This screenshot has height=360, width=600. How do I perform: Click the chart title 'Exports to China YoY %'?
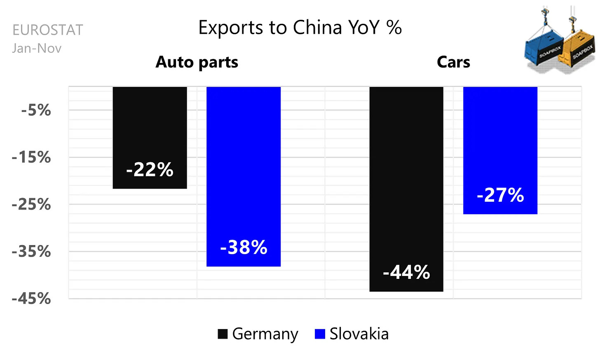pyautogui.click(x=300, y=27)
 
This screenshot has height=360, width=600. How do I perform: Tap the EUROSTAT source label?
pyautogui.click(x=48, y=30)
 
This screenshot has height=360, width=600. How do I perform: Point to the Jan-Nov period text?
pyautogui.click(x=37, y=49)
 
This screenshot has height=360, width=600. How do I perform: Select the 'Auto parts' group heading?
pyautogui.click(x=197, y=62)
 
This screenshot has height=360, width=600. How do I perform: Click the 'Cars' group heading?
pyautogui.click(x=453, y=62)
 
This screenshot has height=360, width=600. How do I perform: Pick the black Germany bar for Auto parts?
pyautogui.click(x=150, y=138)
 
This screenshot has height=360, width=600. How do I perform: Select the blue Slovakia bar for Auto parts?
pyautogui.click(x=244, y=176)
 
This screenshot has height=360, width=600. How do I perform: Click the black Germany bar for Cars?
pyautogui.click(x=406, y=189)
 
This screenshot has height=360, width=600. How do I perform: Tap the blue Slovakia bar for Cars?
pyautogui.click(x=500, y=150)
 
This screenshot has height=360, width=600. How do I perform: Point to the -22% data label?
pyautogui.click(x=150, y=170)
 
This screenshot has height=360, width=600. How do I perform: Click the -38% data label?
pyautogui.click(x=244, y=247)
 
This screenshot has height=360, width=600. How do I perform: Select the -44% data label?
pyautogui.click(x=406, y=273)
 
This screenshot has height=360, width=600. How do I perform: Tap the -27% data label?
pyautogui.click(x=500, y=195)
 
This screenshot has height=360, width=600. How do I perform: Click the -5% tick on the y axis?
pyautogui.click(x=36, y=110)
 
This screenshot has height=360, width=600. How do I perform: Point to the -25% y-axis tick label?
pyautogui.click(x=31, y=204)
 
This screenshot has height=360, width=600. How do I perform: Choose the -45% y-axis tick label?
pyautogui.click(x=31, y=299)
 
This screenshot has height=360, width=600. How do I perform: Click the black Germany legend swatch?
pyautogui.click(x=223, y=334)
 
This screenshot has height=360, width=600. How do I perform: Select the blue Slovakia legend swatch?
pyautogui.click(x=320, y=334)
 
